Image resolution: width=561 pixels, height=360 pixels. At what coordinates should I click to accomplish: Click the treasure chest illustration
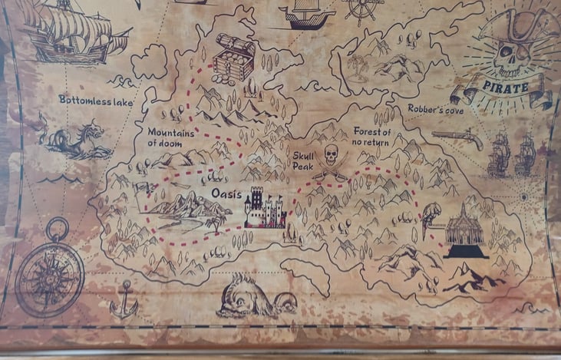233,58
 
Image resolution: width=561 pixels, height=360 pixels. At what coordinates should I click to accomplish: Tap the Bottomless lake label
96,101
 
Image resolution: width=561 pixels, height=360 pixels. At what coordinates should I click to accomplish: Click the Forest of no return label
372,137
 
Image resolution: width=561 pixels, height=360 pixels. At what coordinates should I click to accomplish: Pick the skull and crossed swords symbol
331,162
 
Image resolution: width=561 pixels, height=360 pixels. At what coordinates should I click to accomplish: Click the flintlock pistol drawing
458,137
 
